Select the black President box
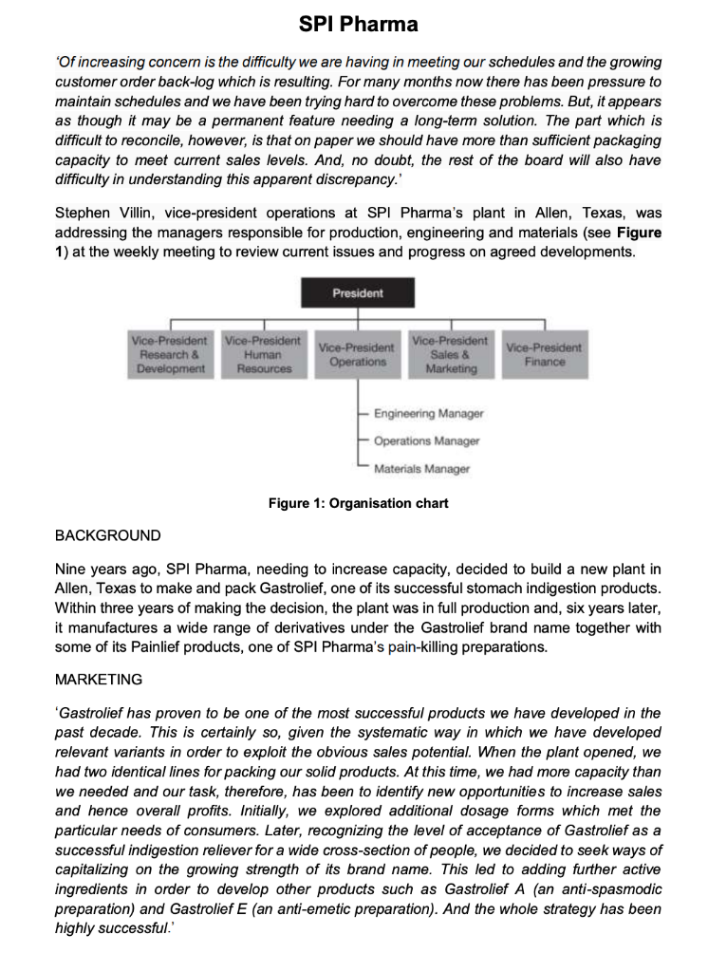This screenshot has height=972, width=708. pyautogui.click(x=358, y=293)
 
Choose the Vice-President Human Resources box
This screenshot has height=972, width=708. pyautogui.click(x=263, y=354)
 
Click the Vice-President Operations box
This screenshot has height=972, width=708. pyautogui.click(x=358, y=354)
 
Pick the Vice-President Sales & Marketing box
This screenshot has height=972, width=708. pyautogui.click(x=451, y=354)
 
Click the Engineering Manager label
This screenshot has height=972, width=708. pyautogui.click(x=428, y=414)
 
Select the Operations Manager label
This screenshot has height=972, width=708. pyautogui.click(x=426, y=440)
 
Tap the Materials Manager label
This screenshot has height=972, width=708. pyautogui.click(x=421, y=468)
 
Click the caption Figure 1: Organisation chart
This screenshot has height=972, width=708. pyautogui.click(x=359, y=502)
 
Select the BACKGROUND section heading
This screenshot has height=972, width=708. pyautogui.click(x=108, y=535)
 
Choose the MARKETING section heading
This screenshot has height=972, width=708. pyautogui.click(x=100, y=680)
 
